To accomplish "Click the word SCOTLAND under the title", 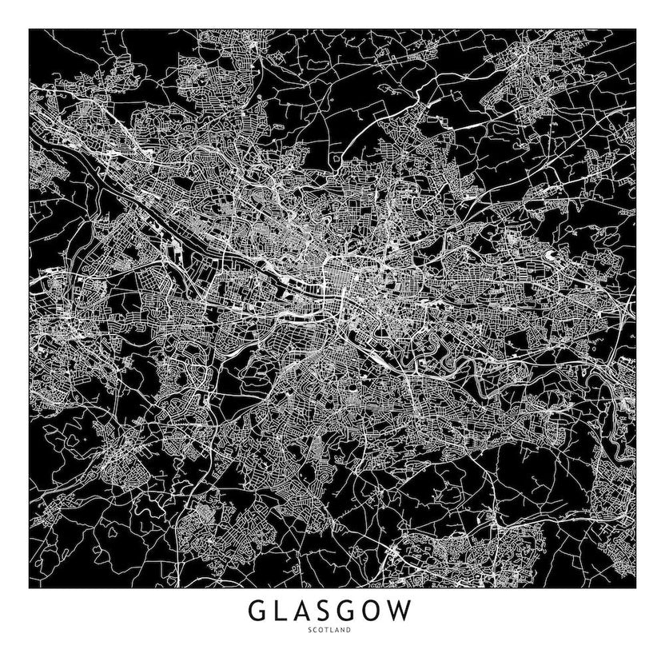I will click(332, 632).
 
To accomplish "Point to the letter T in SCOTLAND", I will click(329, 632).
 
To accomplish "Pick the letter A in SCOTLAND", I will click(339, 632).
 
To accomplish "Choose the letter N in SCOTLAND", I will click(344, 632).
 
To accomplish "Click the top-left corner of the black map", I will click(30, 30).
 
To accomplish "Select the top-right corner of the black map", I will click(635, 30).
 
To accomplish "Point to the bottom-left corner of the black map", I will click(30, 588).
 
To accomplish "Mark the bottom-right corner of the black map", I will click(635, 588).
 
